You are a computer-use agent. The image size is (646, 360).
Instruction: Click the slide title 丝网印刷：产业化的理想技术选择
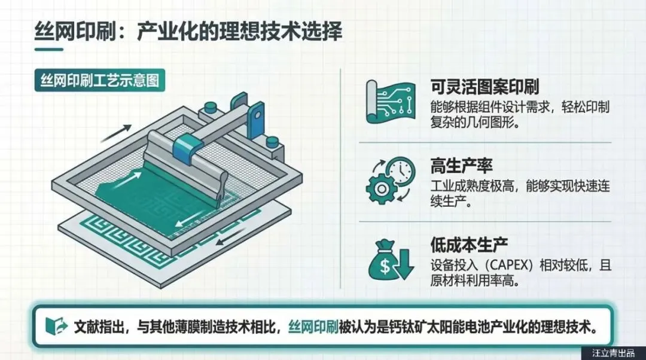188,32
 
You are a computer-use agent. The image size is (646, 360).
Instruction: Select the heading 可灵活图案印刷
484,87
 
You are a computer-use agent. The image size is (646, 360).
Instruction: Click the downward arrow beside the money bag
404,264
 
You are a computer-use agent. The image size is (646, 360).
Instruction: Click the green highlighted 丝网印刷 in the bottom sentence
313,327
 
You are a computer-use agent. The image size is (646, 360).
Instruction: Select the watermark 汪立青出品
614,353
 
